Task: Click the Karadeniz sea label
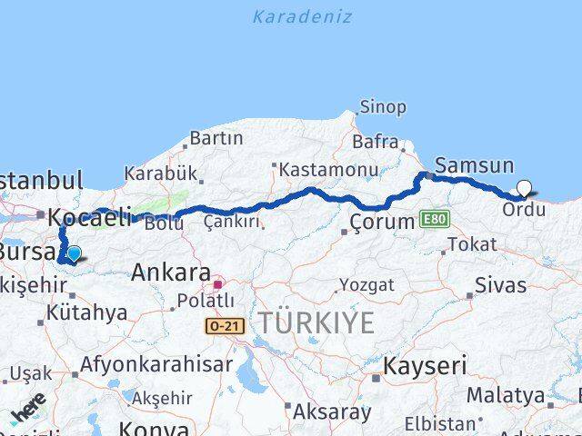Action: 302,16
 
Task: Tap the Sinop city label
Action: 383,107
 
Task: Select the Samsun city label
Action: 474,165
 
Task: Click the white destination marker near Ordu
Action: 524,189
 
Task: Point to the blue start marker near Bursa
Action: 74,254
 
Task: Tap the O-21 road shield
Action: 225,325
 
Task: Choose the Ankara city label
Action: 170,272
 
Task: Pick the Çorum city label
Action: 383,222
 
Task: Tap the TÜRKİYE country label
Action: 316,322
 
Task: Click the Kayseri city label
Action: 425,367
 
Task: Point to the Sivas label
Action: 502,285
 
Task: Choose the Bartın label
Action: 216,139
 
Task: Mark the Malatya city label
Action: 505,395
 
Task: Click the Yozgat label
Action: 366,285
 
